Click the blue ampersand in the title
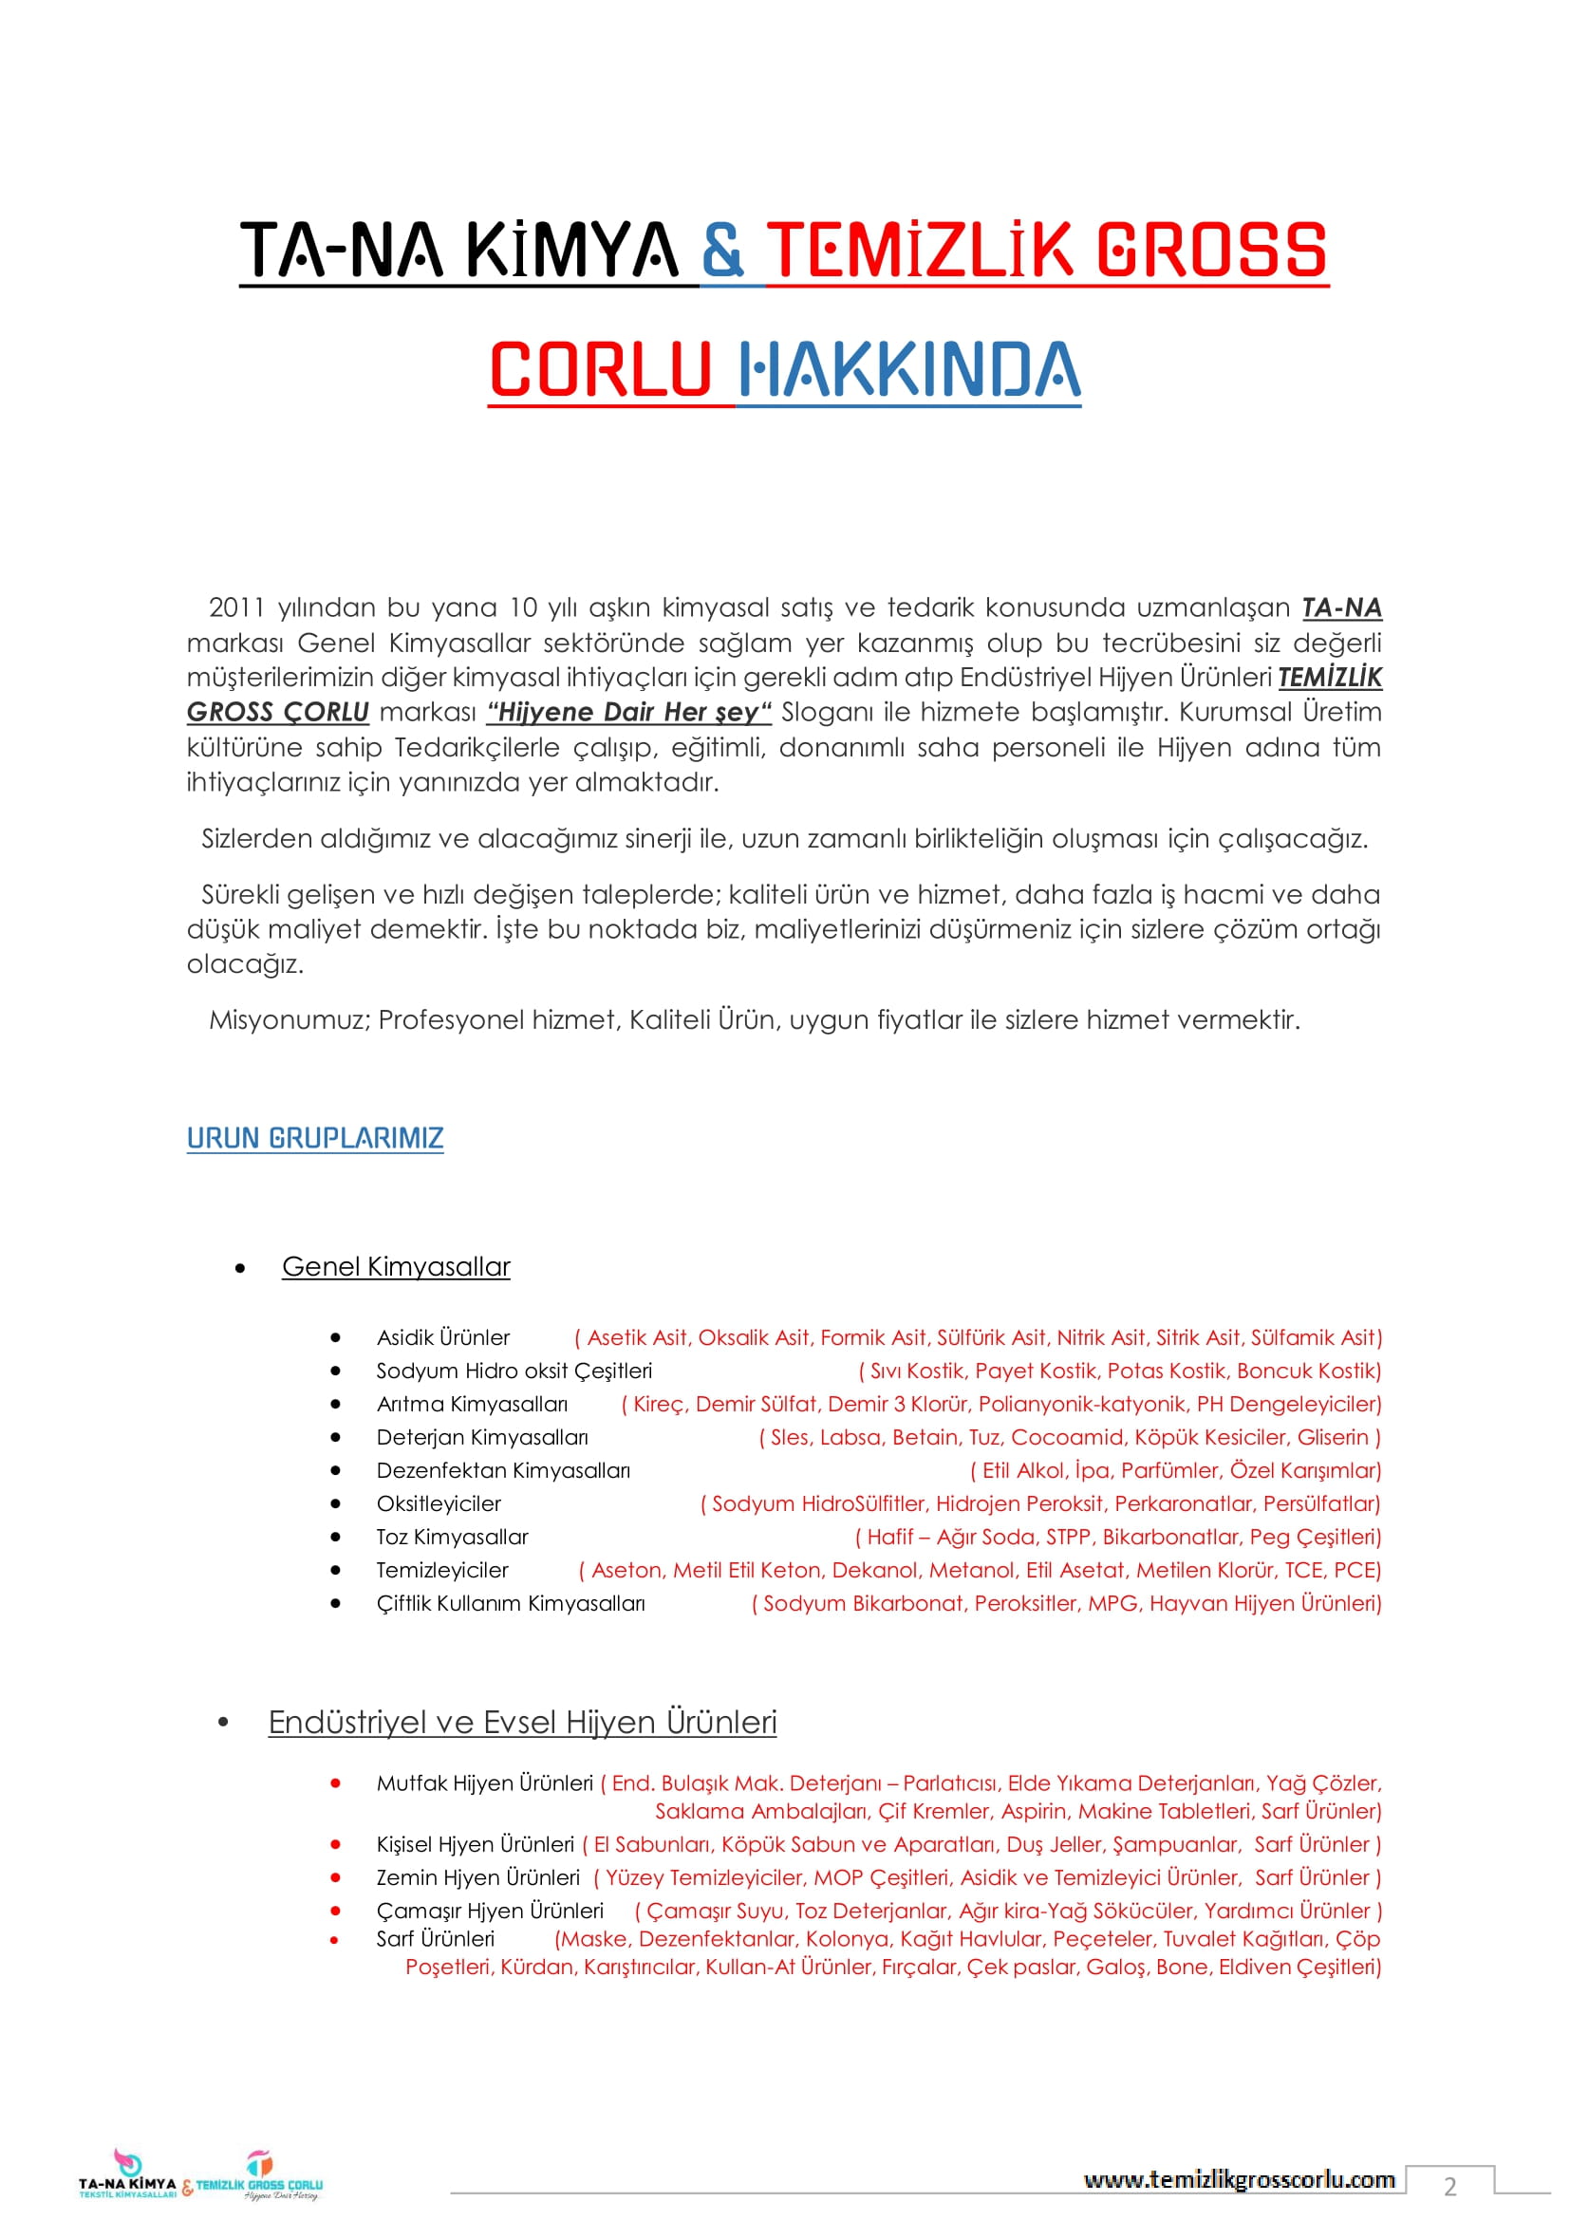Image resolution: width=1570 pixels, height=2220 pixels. (x=722, y=250)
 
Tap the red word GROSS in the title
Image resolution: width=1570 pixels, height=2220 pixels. (x=1211, y=250)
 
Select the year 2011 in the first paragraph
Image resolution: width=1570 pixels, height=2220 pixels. (x=236, y=607)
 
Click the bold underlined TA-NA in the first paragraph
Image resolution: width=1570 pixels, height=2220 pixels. (x=1341, y=607)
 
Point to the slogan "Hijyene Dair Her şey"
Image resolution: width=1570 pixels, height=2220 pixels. (x=629, y=712)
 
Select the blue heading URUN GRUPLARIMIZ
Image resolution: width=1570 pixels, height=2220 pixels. (x=315, y=1138)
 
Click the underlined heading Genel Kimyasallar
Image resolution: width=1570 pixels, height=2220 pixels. (x=396, y=1267)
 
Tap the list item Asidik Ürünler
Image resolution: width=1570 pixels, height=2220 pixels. (x=442, y=1337)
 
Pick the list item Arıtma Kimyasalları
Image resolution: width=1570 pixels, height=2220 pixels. (x=472, y=1404)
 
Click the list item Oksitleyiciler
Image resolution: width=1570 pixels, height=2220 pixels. (x=439, y=1503)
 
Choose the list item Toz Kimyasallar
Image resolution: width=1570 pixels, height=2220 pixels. (x=453, y=1537)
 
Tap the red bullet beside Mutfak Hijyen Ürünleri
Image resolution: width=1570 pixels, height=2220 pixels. (x=335, y=1783)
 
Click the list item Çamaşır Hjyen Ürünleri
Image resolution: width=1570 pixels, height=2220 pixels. (x=489, y=1911)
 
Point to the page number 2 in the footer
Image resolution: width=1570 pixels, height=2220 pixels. (x=1449, y=2186)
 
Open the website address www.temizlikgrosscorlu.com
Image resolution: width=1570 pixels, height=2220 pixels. (x=1239, y=2179)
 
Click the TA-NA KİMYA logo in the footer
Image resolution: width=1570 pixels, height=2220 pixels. (x=127, y=2174)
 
